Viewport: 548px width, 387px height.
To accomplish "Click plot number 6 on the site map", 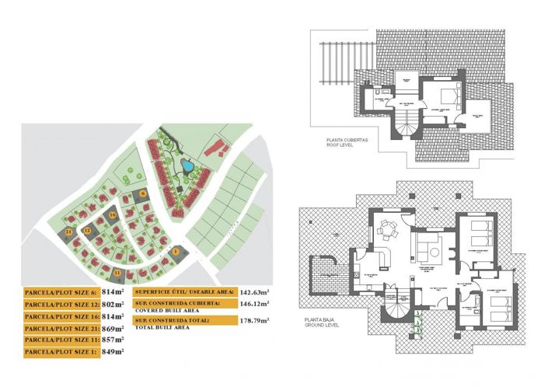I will pyautogui.click(x=143, y=193).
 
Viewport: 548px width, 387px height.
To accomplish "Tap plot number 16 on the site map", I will pyautogui.click(x=113, y=214).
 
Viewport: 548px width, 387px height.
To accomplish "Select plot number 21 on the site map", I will pyautogui.click(x=69, y=232).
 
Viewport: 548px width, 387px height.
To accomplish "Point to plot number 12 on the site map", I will pyautogui.click(x=87, y=231).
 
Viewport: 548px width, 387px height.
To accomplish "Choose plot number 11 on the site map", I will pyautogui.click(x=117, y=273).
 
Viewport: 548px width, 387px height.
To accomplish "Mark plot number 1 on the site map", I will pyautogui.click(x=176, y=251).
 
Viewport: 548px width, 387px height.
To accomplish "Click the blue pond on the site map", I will pyautogui.click(x=186, y=165).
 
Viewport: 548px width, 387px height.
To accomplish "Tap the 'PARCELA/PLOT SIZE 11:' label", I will pyautogui.click(x=61, y=340).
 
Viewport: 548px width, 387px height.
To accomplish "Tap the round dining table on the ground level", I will pyautogui.click(x=389, y=231).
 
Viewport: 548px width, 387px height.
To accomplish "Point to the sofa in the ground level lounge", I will pyautogui.click(x=428, y=249).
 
